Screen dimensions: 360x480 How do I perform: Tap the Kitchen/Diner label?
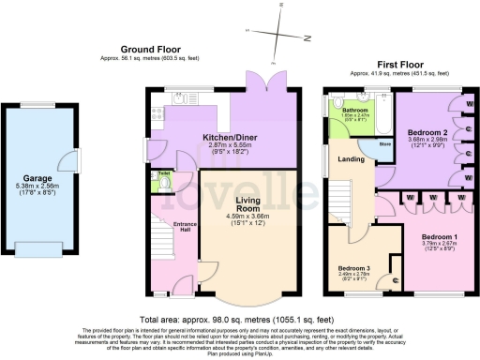(231, 137)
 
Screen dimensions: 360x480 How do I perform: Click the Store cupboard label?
(383, 145)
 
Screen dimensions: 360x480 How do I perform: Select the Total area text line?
(239, 320)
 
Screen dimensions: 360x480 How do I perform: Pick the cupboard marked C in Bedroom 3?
(395, 279)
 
